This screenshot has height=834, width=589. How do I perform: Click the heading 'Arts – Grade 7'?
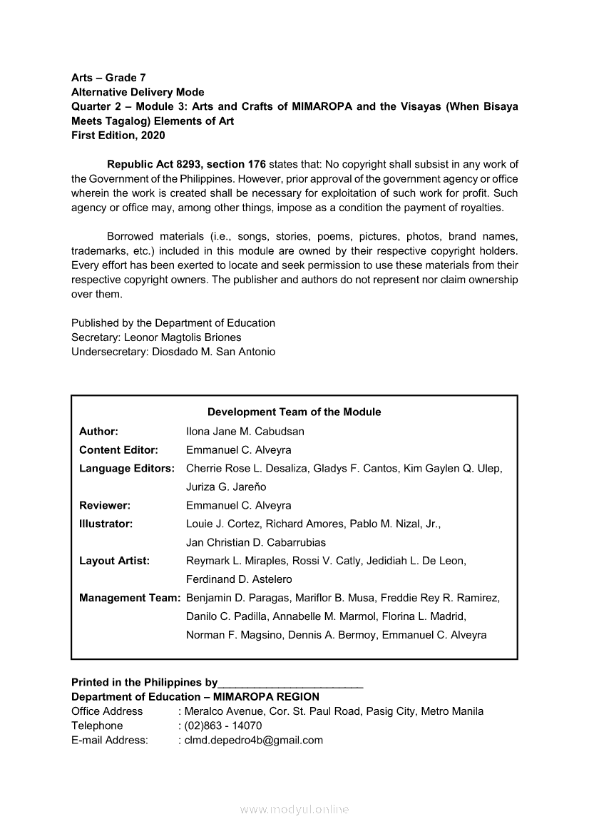pos(108,77)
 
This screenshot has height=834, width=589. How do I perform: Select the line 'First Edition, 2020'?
pos(118,136)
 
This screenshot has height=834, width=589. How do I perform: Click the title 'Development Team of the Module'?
pos(294,412)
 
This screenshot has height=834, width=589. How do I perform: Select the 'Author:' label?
pos(98,432)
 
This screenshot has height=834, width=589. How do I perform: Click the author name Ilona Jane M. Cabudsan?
pos(245,432)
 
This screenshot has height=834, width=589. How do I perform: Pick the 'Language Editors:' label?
pos(127,469)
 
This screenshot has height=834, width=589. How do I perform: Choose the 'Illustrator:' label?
pos(106,524)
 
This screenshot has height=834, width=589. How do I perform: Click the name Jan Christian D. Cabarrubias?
pos(256,542)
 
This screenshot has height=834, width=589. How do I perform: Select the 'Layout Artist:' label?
pos(114,561)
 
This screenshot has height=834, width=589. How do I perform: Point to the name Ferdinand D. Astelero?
pos(239,579)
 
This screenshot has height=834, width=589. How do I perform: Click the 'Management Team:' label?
pos(129,598)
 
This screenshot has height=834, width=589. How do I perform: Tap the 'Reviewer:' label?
pos(104,505)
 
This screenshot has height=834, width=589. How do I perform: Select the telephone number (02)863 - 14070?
pos(222,726)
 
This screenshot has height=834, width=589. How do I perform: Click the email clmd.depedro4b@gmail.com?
pos(253,740)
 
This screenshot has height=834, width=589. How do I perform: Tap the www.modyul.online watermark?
pos(294,809)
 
